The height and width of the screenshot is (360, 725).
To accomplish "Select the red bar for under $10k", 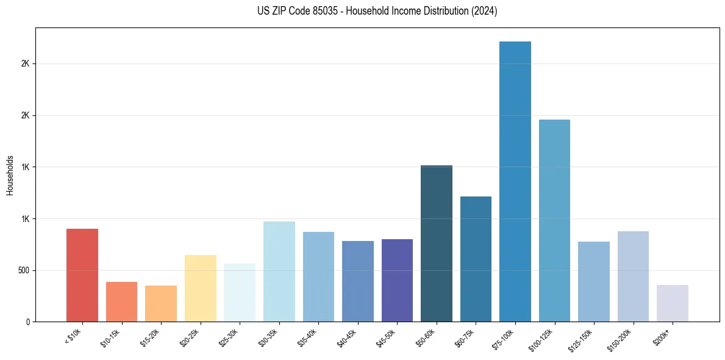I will [82, 275].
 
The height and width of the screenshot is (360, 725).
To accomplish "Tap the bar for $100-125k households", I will [554, 220].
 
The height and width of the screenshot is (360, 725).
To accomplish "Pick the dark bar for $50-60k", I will [437, 243].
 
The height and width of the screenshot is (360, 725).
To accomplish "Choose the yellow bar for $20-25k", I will [201, 288].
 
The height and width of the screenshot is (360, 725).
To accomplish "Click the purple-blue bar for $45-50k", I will [397, 280].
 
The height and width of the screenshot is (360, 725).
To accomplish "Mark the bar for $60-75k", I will [476, 259].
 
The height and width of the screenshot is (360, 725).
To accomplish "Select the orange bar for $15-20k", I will [161, 303].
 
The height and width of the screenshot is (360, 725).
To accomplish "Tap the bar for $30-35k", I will [279, 272].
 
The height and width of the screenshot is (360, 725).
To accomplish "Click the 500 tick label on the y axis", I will [24, 270].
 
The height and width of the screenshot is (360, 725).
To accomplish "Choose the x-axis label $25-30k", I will [230, 337].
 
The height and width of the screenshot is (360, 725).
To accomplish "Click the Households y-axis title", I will [10, 175].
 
